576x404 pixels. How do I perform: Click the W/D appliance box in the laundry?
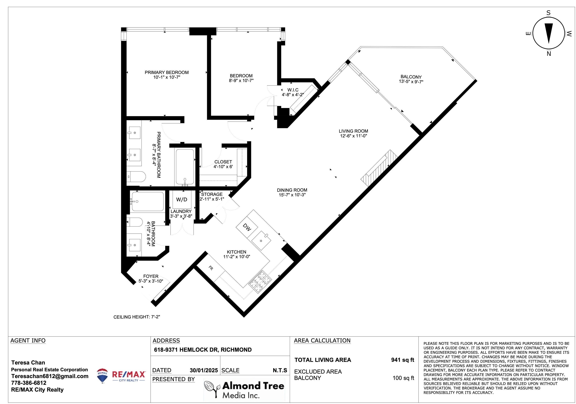(182, 199)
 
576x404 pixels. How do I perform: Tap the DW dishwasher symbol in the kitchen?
(247, 227)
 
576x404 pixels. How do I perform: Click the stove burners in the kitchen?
(260, 282)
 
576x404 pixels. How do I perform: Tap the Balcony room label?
(411, 77)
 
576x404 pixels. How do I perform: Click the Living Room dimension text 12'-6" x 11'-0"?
(354, 136)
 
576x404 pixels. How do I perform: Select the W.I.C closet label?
(293, 90)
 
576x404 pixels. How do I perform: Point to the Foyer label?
(151, 276)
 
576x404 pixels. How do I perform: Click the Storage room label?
(212, 194)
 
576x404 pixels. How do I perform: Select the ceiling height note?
(137, 317)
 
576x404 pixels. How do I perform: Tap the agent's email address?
(50, 376)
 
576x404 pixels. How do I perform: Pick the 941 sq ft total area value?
(403, 360)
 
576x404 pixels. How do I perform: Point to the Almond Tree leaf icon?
(211, 388)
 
